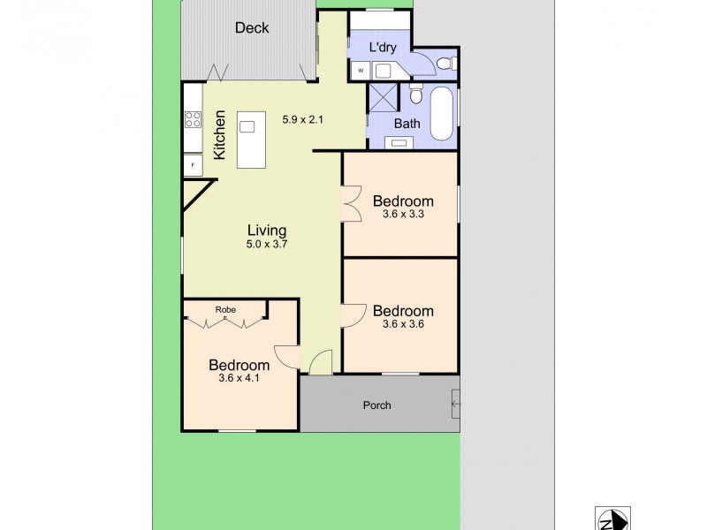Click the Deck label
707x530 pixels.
pos(252,27)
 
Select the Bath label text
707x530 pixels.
pos(407,123)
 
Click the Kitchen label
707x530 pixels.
pos(220,134)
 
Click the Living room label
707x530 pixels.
pos(268,231)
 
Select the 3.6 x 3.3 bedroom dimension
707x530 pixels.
pos(403,213)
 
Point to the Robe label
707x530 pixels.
pos(224,309)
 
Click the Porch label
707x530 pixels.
pos(377,405)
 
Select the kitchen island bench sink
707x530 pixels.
pos(247,126)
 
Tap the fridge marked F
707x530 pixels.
pos(192,164)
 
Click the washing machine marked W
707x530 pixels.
pos(361,71)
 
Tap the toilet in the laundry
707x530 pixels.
pos(447,63)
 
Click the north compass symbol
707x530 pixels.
pos(612,519)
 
